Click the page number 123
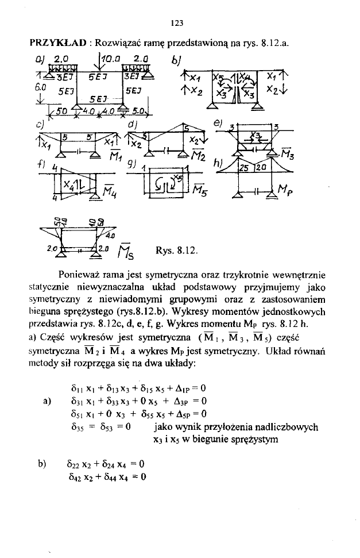177,23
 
